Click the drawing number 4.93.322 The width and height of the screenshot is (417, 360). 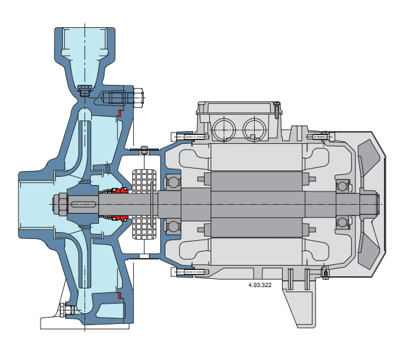[260, 285]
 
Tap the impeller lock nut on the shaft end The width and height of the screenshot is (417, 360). [60, 204]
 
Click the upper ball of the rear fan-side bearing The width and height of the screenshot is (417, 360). [342, 186]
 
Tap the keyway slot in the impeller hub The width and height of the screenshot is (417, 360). [83, 204]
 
